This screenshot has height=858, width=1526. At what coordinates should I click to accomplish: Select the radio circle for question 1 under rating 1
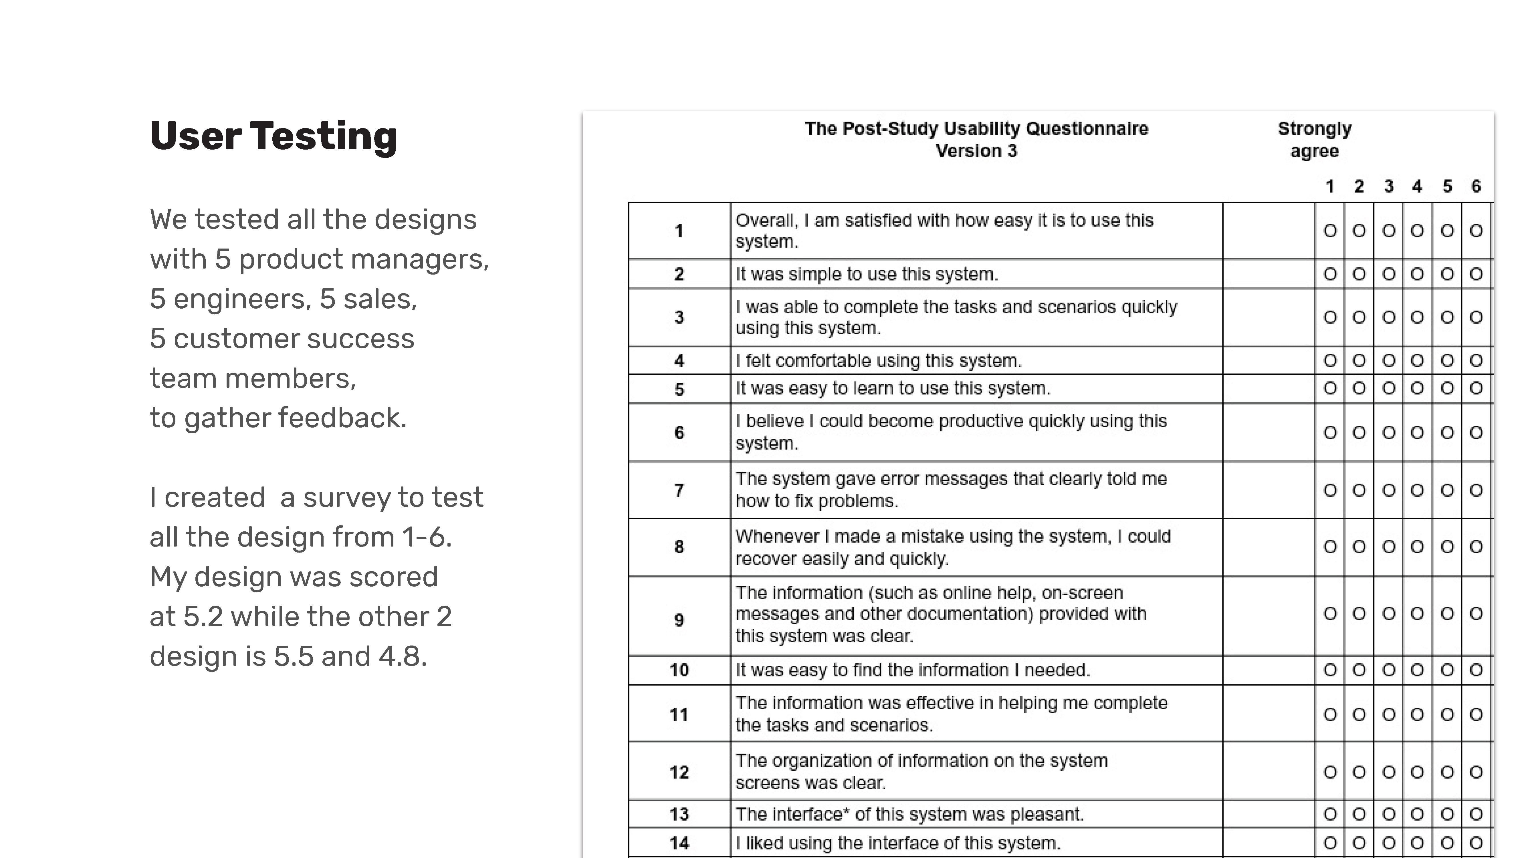[x=1330, y=230]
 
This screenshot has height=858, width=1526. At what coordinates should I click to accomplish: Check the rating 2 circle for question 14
[x=1359, y=843]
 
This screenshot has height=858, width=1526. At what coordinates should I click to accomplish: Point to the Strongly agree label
[x=1315, y=140]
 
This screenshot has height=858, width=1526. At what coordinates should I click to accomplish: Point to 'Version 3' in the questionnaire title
[x=976, y=151]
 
